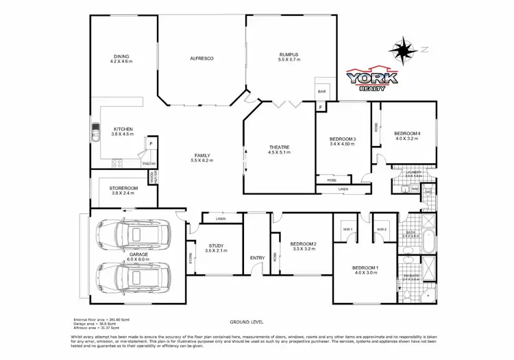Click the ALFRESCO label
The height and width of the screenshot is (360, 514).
point(202,59)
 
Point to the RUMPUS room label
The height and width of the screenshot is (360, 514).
point(289,56)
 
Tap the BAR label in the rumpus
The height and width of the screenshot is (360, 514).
point(321,91)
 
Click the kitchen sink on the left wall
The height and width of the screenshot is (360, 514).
point(95,129)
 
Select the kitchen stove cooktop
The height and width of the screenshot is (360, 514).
point(116,164)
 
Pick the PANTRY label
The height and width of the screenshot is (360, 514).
point(149,164)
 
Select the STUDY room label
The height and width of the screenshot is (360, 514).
point(215,248)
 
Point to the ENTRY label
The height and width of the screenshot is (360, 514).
point(257,258)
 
